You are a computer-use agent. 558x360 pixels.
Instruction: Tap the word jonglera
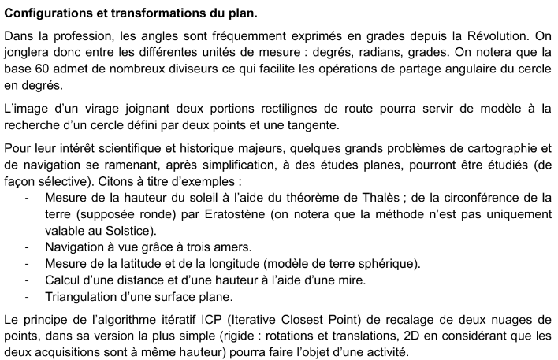click(x=29, y=52)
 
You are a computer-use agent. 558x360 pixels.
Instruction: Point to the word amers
click(x=235, y=246)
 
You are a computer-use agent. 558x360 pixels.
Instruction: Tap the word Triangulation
click(x=81, y=296)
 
